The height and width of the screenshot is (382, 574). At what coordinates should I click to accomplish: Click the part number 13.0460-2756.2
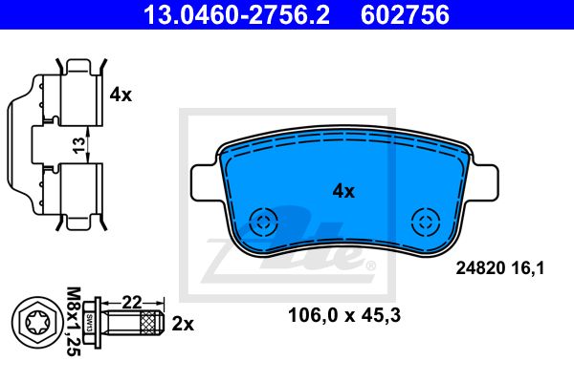237,15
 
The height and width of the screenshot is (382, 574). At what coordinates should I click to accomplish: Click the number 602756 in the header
405,15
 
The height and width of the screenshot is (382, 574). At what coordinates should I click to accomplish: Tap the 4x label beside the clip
121,95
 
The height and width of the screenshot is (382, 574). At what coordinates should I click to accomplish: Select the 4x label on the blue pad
343,191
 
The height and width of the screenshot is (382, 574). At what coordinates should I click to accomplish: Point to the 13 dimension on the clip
78,145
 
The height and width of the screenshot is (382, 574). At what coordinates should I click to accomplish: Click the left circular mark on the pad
263,222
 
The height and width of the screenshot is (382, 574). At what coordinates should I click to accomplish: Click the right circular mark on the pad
426,222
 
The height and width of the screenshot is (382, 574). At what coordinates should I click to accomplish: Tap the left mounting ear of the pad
206,182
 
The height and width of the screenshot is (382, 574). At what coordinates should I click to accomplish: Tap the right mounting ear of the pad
483,182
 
